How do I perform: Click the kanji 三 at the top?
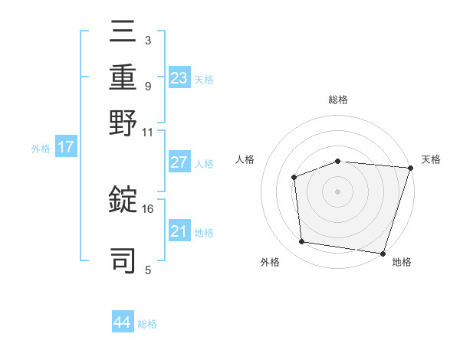(x=123, y=34)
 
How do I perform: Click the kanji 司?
(x=123, y=258)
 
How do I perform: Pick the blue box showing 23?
(x=179, y=77)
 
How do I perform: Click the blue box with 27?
(x=179, y=162)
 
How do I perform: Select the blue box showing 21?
(x=179, y=231)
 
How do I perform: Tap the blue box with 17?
(x=66, y=147)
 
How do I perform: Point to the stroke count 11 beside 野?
(x=148, y=132)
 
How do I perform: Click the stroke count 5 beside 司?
(x=148, y=270)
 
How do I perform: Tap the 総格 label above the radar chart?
(x=338, y=100)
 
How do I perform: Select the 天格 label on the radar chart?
(x=432, y=159)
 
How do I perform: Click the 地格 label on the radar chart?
(x=402, y=262)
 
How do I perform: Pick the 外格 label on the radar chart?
(x=270, y=262)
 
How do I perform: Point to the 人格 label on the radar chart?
(x=245, y=159)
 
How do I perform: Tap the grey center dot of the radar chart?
(x=337, y=191)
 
